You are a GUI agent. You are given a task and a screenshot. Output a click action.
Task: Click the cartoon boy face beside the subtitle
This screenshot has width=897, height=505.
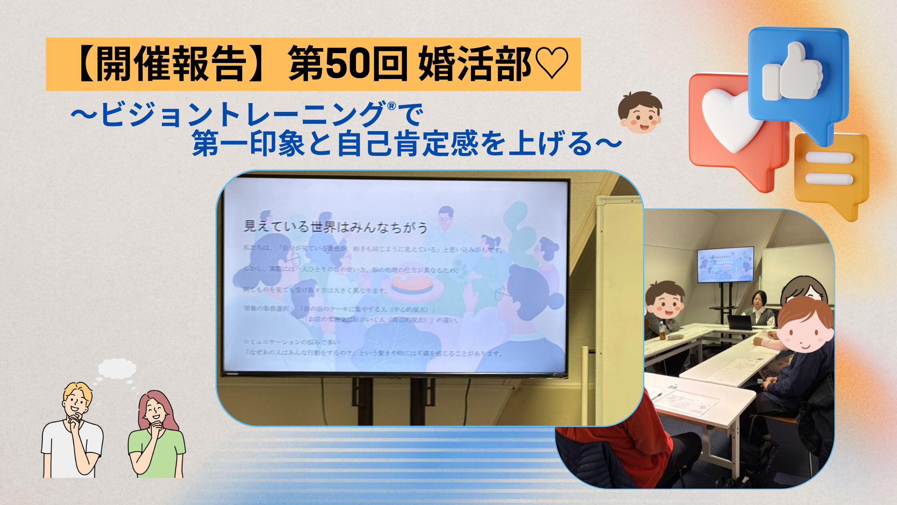[x=640, y=113]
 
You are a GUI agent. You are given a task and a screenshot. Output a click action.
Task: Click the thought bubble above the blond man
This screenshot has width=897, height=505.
[x=117, y=368]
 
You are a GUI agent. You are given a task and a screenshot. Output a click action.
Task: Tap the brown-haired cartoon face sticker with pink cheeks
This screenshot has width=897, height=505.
[x=804, y=332]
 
